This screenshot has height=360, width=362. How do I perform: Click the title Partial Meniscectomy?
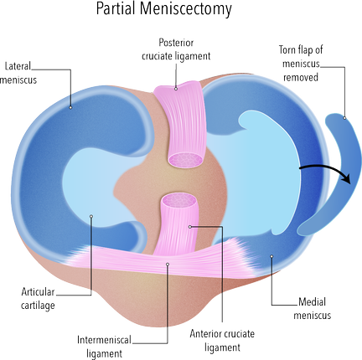pos(164,9)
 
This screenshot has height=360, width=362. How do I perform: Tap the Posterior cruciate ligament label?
pos(176,49)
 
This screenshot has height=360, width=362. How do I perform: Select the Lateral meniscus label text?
pos(18,73)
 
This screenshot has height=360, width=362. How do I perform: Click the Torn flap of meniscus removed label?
pos(301,64)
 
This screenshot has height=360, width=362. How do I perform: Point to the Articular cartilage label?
pos(38,299)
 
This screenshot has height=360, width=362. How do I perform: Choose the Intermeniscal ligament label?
pos(104,347)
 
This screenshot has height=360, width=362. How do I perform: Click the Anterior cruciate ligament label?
pos(222,341)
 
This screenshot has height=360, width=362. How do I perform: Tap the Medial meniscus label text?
pos(312,309)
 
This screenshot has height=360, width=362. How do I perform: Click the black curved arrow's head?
pos(347,177)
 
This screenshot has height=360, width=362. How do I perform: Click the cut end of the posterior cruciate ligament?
pos(185,160)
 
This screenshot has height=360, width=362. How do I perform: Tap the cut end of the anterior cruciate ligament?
pos(179,200)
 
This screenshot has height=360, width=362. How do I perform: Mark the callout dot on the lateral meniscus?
pos(70,107)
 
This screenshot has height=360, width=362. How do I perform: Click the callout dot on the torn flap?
pos(344,118)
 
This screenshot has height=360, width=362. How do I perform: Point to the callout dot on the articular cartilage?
pos(90,216)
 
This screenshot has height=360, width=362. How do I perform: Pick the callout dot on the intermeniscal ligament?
pos(168,264)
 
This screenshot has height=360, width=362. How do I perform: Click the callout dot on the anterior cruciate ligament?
pos(190,227)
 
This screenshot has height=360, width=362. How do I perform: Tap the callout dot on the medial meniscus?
pos(271,256)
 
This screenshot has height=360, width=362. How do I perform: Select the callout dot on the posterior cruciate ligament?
pos(176,89)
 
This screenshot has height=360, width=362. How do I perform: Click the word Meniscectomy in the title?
pos(186,9)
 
